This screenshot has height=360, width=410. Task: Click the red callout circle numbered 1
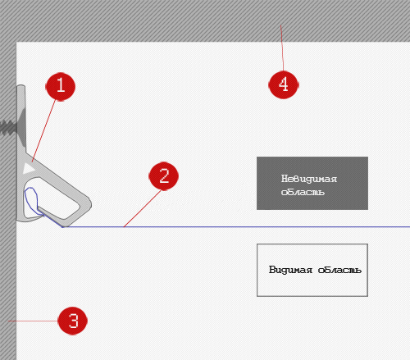click(x=60, y=86)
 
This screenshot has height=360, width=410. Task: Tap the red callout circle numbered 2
click(x=163, y=175)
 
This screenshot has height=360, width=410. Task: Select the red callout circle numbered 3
click(x=73, y=321)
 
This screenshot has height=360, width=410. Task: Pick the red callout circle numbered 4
click(x=284, y=84)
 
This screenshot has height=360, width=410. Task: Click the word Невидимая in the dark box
click(x=309, y=179)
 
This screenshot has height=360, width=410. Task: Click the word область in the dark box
click(x=303, y=192)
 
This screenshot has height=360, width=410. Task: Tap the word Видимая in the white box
click(x=290, y=270)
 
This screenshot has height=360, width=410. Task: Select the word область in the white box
click(x=339, y=270)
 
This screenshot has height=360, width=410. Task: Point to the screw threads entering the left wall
click(x=8, y=127)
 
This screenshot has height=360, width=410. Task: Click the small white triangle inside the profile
click(x=28, y=168)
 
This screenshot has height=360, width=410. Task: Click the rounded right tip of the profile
click(x=89, y=204)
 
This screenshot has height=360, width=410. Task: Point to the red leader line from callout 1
click(x=43, y=130)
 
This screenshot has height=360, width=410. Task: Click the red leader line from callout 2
click(x=143, y=208)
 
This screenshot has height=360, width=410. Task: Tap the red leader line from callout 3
click(x=33, y=321)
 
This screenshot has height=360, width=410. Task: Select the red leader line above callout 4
click(x=282, y=48)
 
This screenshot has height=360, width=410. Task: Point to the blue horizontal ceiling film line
click(x=236, y=226)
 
